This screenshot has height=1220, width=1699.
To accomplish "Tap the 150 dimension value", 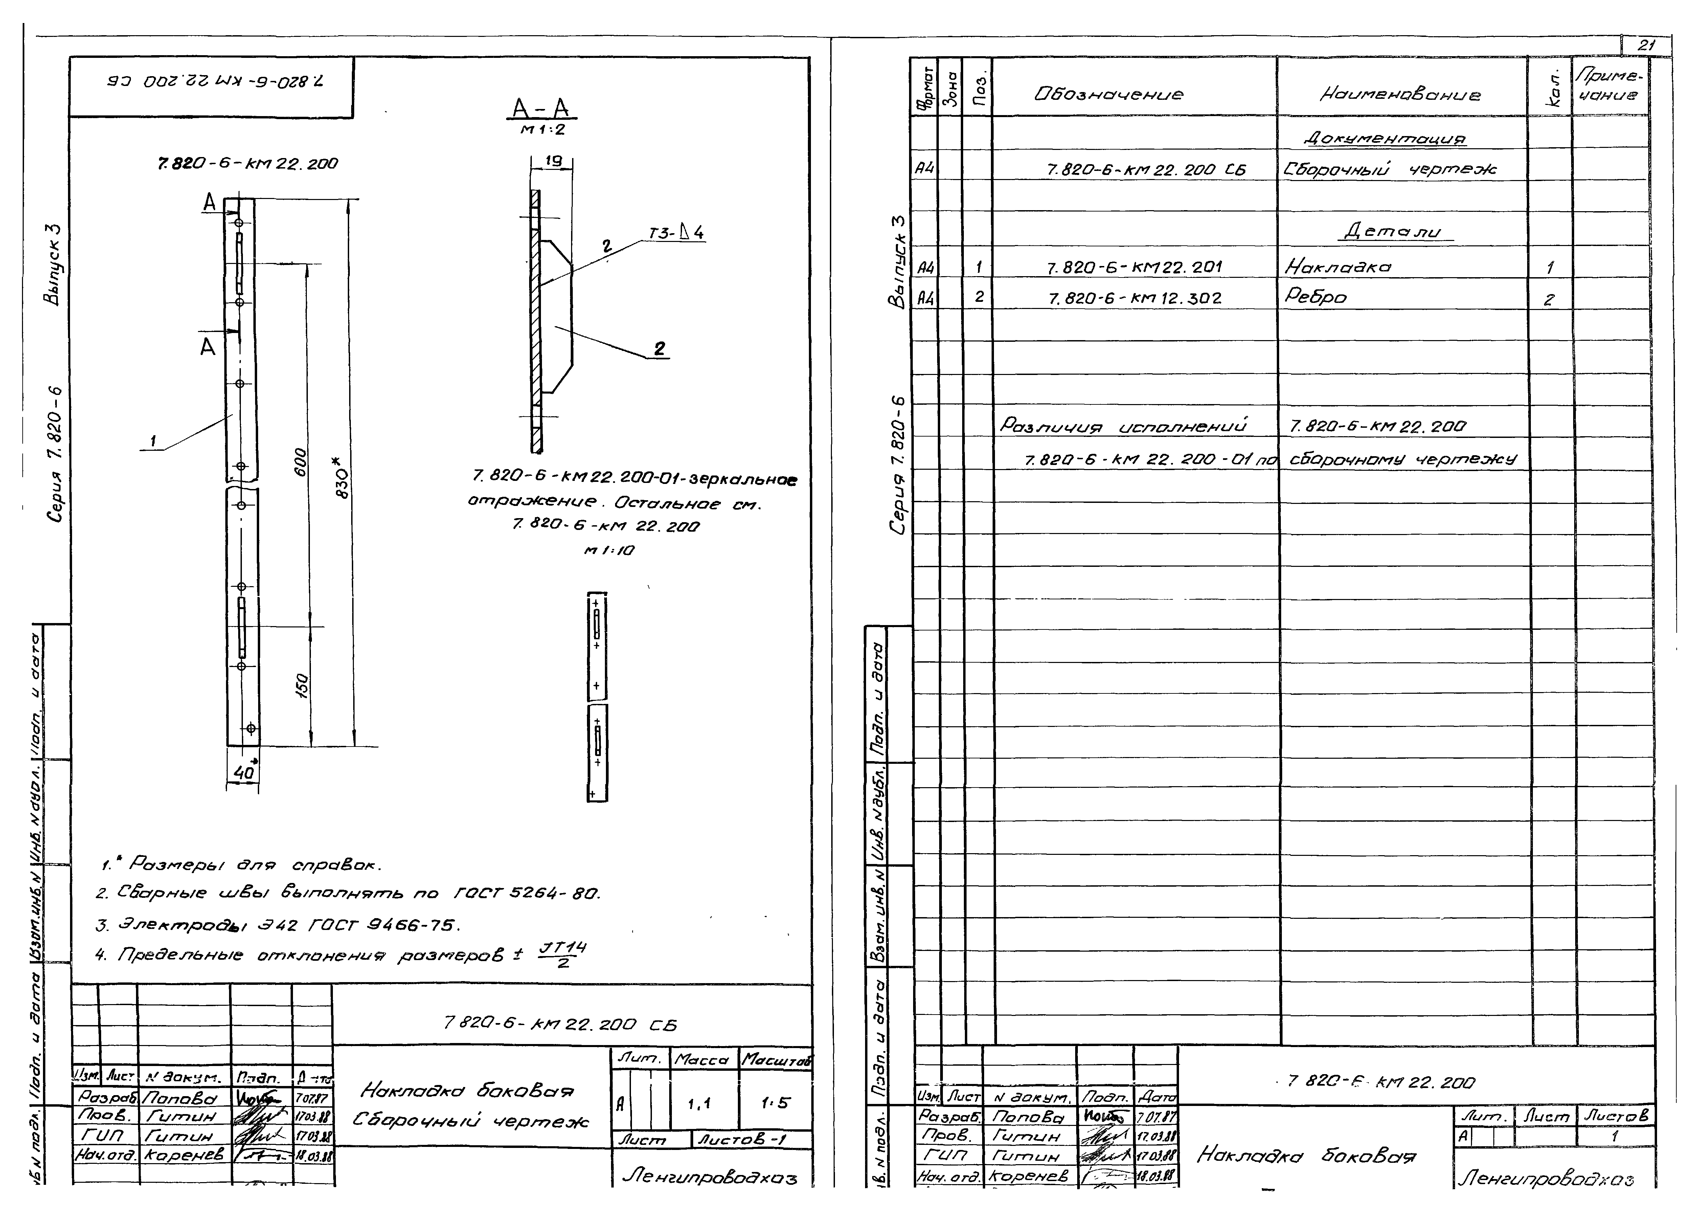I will pos(301,686).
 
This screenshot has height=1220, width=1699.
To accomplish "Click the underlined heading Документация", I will pos(1384,139).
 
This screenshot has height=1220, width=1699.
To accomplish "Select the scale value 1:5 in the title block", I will pos(775,1103).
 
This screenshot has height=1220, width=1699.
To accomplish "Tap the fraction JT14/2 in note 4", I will pos(563,955).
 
